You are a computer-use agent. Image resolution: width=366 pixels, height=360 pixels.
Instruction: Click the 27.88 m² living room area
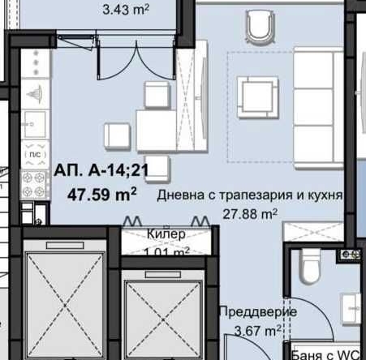point(250,214)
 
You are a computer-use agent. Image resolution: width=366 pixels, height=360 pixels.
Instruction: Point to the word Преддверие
point(258,312)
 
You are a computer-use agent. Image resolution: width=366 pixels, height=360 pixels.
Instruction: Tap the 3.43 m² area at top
point(129,11)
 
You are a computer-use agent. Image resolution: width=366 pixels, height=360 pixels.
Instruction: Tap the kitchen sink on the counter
point(36,124)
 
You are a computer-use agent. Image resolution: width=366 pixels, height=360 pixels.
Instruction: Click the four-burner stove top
point(34,184)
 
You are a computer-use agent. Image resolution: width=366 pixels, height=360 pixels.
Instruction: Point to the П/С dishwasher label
point(34,153)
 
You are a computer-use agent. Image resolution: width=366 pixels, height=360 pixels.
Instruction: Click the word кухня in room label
point(322,196)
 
